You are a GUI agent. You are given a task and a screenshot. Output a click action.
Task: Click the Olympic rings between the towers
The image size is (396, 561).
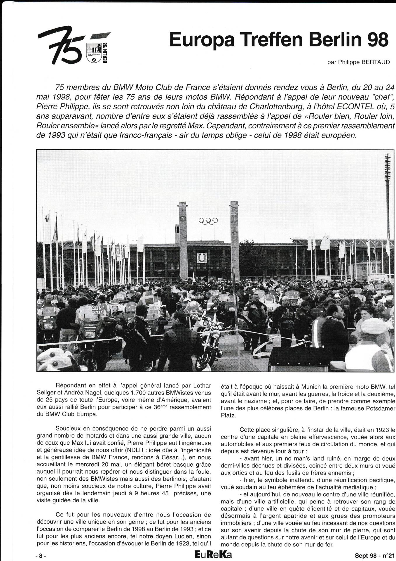pos(208,221)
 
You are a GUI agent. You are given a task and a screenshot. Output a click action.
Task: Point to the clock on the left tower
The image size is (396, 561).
pos(183,219)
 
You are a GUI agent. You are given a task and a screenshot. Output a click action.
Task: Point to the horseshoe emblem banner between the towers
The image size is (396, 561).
pos(202,258)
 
